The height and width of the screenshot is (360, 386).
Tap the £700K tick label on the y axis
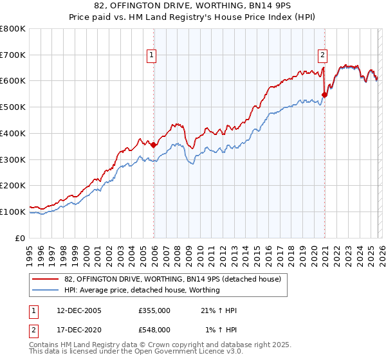[x=13, y=55]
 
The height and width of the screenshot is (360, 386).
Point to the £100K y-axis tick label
[x=13, y=212]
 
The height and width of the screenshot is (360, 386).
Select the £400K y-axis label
[x=13, y=133]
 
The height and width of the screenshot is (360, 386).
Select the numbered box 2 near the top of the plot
[x=322, y=55]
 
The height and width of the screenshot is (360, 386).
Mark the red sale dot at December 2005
[x=154, y=145]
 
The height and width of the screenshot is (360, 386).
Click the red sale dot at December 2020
[x=324, y=94]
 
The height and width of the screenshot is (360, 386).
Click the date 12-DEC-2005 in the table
[x=79, y=310]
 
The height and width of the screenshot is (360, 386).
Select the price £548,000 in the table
[x=154, y=329]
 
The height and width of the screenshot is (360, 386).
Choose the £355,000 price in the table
[x=154, y=310]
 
